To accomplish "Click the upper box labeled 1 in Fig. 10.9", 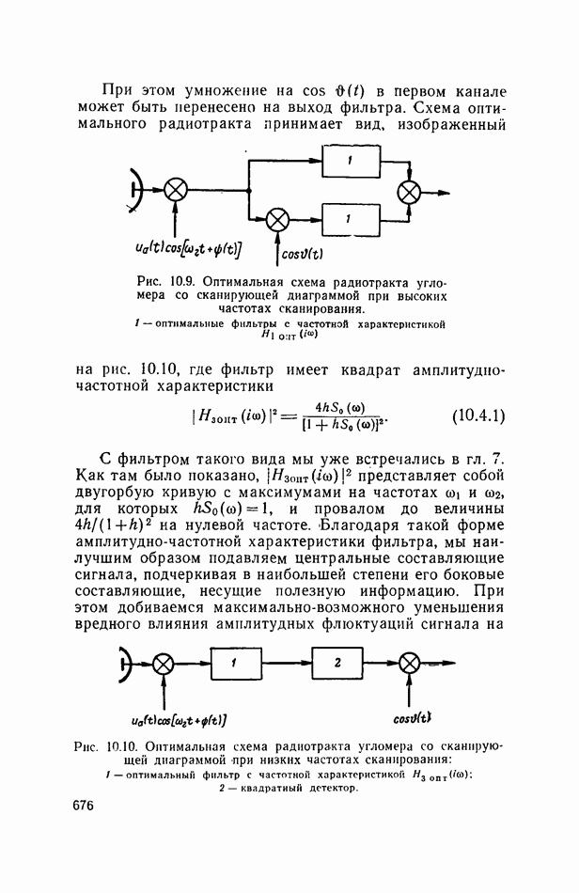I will coord(349,162).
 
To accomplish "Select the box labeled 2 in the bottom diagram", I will coord(338,664).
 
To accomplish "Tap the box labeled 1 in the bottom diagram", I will coord(236,664).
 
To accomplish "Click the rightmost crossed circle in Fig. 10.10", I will coord(407,664).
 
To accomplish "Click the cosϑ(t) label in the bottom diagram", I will coord(413,718).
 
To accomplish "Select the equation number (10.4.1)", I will coord(478,415).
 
